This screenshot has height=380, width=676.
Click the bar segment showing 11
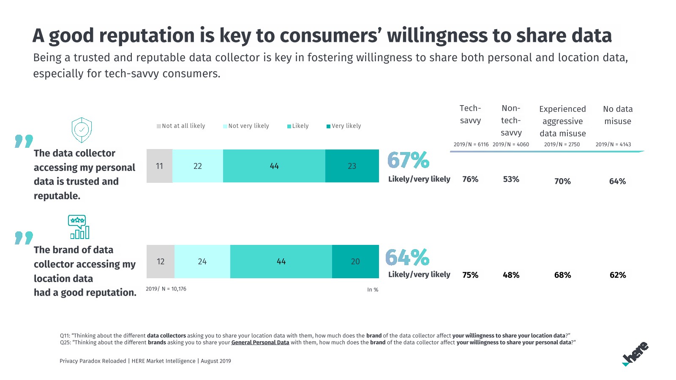click(x=159, y=166)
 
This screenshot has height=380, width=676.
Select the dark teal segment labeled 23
click(x=352, y=166)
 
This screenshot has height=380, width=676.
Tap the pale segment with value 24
click(x=202, y=261)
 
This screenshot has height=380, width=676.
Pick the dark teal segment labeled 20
click(x=355, y=261)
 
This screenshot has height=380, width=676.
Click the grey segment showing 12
click(x=161, y=261)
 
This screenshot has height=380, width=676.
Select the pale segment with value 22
click(x=197, y=166)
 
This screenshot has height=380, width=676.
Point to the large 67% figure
click(x=408, y=160)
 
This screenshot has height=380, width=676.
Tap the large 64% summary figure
click(x=407, y=257)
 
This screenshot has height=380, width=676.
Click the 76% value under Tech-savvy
click(x=470, y=179)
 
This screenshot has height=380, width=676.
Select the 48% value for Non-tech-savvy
click(x=511, y=275)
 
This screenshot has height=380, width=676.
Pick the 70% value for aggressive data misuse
click(x=562, y=181)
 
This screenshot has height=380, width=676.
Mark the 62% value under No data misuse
click(x=618, y=275)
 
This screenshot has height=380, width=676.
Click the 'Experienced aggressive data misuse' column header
click(x=562, y=121)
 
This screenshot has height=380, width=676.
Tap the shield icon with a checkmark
click(x=82, y=130)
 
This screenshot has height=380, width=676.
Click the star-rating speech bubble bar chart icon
click(x=79, y=227)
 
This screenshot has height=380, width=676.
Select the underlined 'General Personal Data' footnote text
click(x=260, y=342)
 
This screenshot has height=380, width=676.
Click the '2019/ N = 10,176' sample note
click(x=166, y=289)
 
